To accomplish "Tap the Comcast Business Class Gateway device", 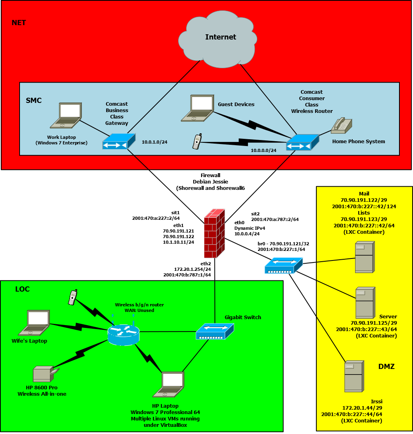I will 119,142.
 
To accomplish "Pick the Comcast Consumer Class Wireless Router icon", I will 302,142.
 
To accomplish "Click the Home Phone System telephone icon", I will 341,126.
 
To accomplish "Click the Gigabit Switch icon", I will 214,331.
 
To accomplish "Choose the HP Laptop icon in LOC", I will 169,385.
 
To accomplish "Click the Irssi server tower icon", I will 354,377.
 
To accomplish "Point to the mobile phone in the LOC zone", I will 72,298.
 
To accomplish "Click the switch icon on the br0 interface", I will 283,266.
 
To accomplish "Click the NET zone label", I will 19,23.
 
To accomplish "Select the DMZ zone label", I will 386,367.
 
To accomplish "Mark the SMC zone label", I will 34,101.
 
